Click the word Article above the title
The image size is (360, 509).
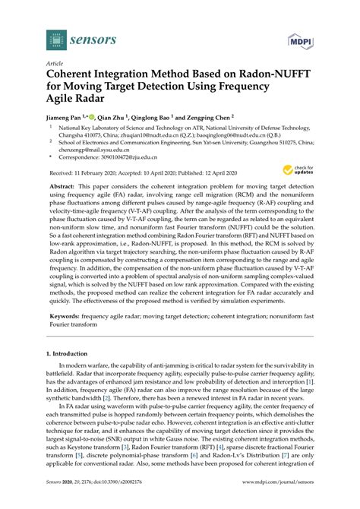tap(55, 64)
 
